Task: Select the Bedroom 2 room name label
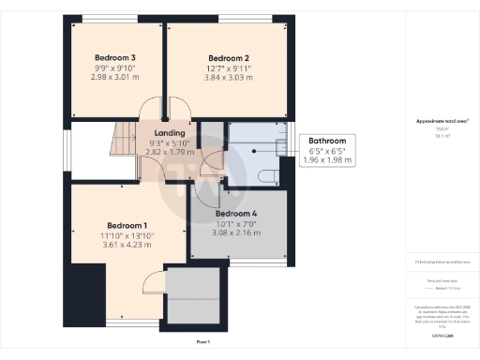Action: coord(228,57)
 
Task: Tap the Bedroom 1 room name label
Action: coord(126,225)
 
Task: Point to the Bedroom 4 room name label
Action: coord(235,213)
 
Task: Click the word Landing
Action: coord(170,132)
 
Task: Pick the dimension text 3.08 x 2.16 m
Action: coord(235,232)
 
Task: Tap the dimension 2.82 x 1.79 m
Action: coord(170,152)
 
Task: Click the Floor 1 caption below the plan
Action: coord(202,343)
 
